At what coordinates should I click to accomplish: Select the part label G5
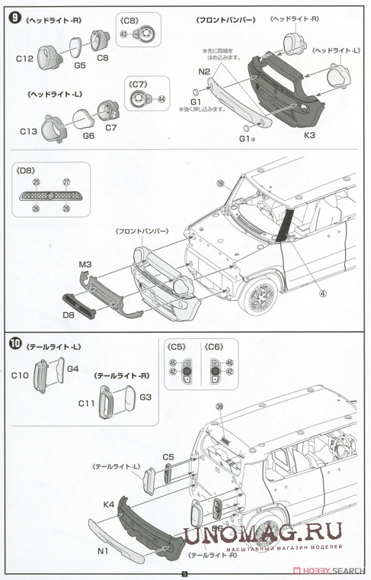80,65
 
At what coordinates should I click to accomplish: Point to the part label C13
28,131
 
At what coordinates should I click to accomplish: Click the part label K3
309,135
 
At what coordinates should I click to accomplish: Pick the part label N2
205,72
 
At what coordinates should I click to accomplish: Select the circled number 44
162,98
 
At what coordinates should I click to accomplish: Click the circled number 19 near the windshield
221,183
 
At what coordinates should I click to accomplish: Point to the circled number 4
322,293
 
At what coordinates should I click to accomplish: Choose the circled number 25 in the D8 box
36,182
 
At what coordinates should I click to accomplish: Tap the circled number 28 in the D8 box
66,209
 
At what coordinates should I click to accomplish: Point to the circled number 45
173,362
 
